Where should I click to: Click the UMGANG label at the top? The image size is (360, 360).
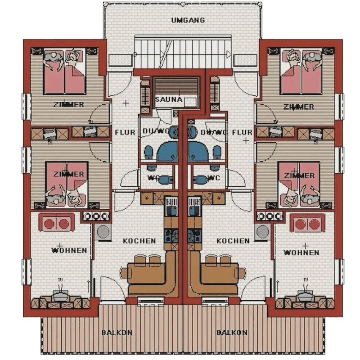pos(188,20)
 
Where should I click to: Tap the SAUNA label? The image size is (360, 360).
pos(169,99)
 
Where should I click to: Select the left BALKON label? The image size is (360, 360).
pos(117,333)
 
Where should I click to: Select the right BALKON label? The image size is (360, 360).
pos(232,333)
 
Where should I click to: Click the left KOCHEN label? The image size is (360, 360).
pos(139,241)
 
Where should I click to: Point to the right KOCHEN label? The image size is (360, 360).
pos(233,241)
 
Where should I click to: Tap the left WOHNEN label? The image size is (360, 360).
pos(69,250)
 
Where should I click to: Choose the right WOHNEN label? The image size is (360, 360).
pos(302,252)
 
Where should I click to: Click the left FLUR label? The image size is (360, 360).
pos(125,132)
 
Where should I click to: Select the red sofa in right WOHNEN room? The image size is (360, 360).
pos(308,223)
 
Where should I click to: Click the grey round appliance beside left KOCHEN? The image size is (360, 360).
pos(103,232)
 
